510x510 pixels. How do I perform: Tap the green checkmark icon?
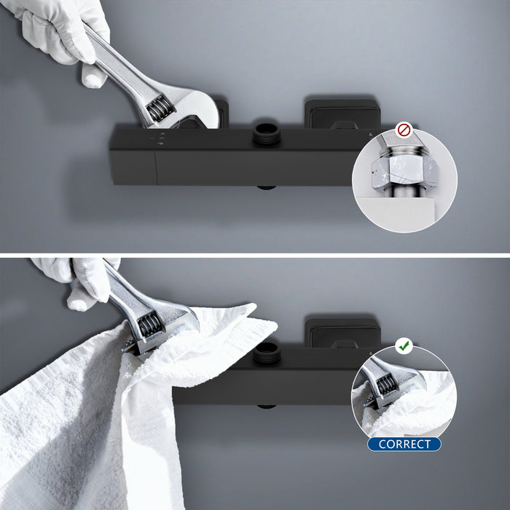(404, 345)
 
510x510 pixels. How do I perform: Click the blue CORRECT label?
(404, 444)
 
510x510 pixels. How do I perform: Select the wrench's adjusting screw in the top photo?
(156, 110)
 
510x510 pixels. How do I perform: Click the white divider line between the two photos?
(255, 254)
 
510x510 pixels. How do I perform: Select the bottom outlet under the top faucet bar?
(267, 187)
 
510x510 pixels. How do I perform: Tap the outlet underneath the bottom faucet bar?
(267, 407)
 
